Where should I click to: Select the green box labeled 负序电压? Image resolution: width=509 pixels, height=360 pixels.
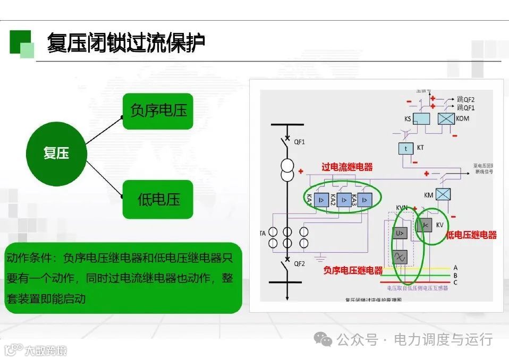point(158,110)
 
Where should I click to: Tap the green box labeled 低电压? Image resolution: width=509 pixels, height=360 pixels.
point(158,200)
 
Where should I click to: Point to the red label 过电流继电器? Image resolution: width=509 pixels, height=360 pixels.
point(347,167)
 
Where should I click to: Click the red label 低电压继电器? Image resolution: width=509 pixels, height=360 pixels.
point(471,235)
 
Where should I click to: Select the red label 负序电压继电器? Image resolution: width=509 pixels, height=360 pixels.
point(353,270)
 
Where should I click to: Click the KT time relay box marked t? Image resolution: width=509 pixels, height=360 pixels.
point(406,148)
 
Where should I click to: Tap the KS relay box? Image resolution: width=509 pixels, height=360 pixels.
point(421,119)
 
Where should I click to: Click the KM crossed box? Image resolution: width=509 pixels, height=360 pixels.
point(443,195)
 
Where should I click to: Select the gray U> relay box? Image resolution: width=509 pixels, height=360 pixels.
point(400,233)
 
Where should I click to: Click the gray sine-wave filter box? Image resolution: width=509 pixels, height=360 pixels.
point(400,257)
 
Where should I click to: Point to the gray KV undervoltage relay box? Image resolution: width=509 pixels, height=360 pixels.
point(425,226)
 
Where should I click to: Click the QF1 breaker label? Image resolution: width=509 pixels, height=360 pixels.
point(300,141)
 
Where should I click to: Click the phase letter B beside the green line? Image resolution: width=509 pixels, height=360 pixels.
point(455,275)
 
